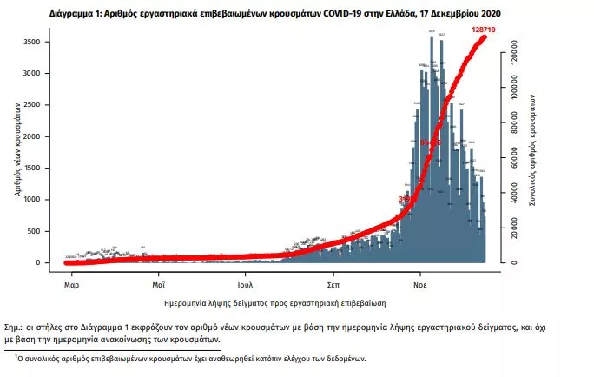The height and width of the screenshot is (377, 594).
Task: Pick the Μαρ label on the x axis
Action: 72,284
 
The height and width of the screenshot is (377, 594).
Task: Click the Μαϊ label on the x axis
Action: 158,284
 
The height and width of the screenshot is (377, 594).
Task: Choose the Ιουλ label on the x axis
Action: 245,284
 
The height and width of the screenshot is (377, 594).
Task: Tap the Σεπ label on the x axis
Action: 333,284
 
